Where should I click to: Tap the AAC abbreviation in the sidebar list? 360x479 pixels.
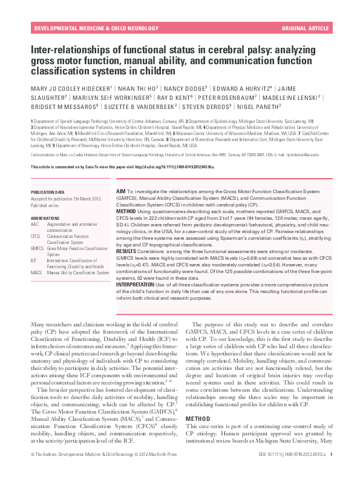34,224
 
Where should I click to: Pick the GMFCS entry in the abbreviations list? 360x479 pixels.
37,248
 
